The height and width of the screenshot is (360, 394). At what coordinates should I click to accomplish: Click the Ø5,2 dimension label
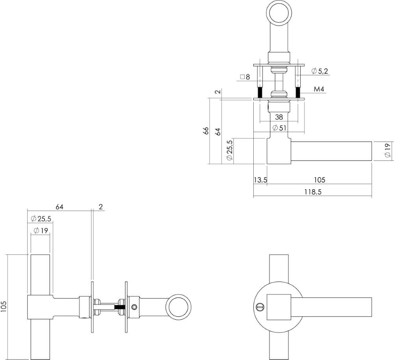tap(320, 71)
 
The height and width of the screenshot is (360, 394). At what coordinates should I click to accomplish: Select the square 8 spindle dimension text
tap(245, 77)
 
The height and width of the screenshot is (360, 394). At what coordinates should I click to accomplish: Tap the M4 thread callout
tap(319, 90)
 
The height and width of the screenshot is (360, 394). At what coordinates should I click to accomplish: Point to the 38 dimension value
tap(279, 117)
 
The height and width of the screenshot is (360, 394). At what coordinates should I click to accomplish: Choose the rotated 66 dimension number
tap(206, 131)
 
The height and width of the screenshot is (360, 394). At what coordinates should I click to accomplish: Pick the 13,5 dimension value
tap(260, 180)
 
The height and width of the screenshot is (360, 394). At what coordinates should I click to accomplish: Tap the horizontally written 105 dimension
tap(319, 180)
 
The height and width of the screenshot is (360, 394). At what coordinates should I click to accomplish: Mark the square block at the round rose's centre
tap(279, 306)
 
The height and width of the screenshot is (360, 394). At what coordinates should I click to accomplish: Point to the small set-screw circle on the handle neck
tap(135, 307)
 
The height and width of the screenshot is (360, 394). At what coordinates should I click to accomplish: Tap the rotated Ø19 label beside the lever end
tap(387, 151)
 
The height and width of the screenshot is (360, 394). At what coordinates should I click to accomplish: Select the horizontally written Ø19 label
tap(41, 231)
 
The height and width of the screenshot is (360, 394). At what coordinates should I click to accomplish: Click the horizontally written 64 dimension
tap(59, 207)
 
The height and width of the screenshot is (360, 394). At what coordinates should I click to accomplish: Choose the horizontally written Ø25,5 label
tap(41, 218)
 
